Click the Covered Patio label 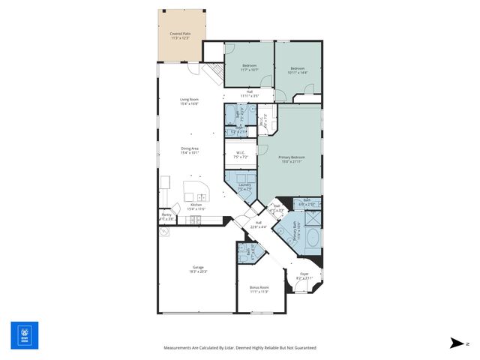(180, 34)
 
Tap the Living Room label (189, 100)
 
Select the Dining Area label (189, 148)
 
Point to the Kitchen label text (196, 205)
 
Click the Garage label (198, 267)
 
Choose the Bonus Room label (259, 287)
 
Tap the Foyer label (304, 274)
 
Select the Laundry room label (244, 184)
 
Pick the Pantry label (166, 214)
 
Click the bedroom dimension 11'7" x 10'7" (250, 70)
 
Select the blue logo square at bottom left (24, 335)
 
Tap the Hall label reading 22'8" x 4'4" (258, 224)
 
